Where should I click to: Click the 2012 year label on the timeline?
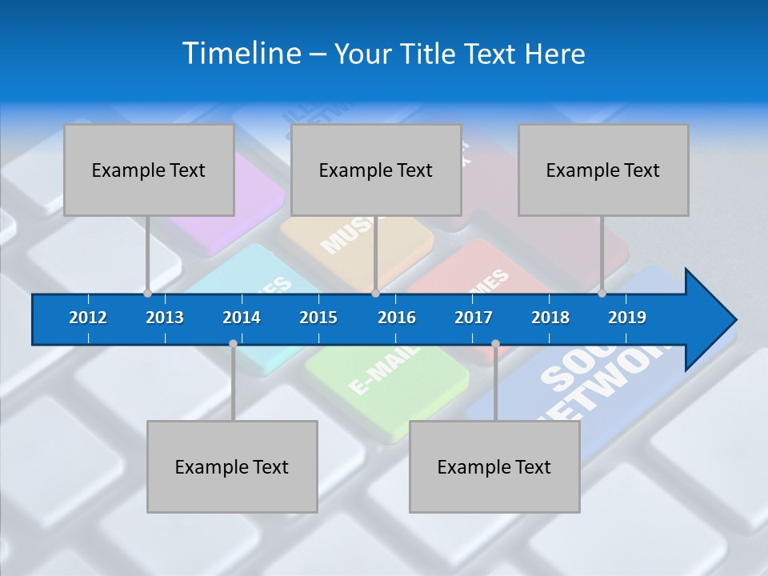click(88, 318)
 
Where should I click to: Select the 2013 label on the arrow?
click(165, 318)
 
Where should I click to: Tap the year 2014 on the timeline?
click(242, 318)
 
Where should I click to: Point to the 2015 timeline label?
click(318, 318)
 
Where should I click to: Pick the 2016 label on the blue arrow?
click(397, 318)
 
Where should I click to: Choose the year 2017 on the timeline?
click(474, 318)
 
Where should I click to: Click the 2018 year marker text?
click(550, 318)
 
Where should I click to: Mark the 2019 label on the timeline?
click(627, 318)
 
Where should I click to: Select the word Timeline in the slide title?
click(240, 54)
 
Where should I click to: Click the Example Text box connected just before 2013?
click(149, 170)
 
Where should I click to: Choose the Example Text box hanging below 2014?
click(232, 466)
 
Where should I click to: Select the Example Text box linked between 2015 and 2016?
click(376, 170)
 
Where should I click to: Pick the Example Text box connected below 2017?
click(494, 466)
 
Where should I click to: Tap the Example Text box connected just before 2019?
click(603, 170)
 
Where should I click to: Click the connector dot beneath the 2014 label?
click(233, 344)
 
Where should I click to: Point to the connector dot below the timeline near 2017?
click(495, 344)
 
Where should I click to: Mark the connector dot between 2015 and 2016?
click(375, 294)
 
